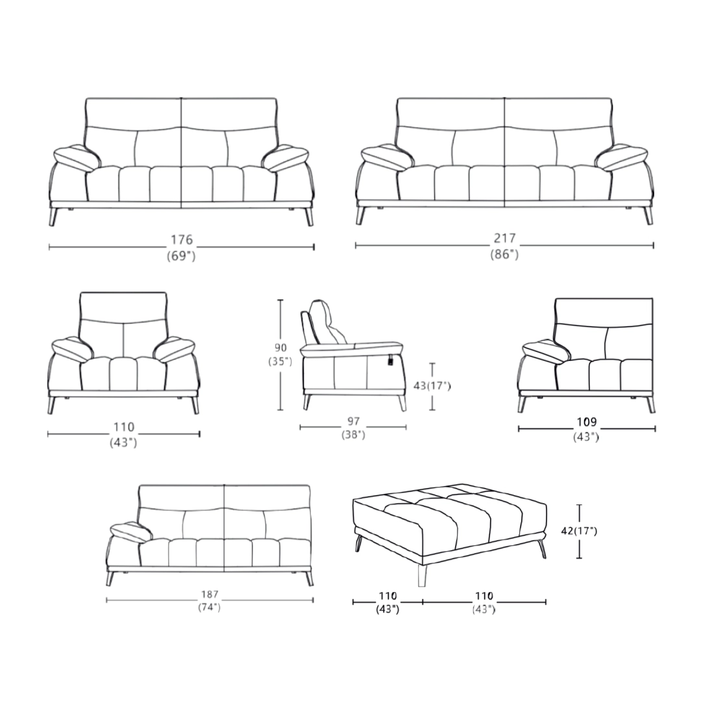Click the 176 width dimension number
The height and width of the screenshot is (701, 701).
tap(182, 240)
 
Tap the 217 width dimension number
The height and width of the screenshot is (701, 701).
tap(505, 238)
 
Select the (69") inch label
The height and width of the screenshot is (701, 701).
tap(182, 256)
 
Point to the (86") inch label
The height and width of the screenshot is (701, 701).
tap(505, 254)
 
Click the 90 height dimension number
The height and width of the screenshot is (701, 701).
tap(281, 348)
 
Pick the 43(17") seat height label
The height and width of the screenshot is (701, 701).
tap(432, 386)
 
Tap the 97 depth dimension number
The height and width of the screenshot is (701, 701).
tap(353, 421)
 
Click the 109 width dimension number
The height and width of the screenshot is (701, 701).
tap(587, 422)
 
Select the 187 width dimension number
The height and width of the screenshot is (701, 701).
tap(210, 594)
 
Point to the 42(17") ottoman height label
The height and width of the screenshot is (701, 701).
tap(579, 531)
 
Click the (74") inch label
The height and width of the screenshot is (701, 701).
tap(210, 607)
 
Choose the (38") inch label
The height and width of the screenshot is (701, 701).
tap(353, 434)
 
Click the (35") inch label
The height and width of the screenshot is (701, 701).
tap(280, 362)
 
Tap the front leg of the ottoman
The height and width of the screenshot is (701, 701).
tap(421, 575)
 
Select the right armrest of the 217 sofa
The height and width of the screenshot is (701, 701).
tap(621, 157)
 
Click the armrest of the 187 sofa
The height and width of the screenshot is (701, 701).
tap(132, 532)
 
